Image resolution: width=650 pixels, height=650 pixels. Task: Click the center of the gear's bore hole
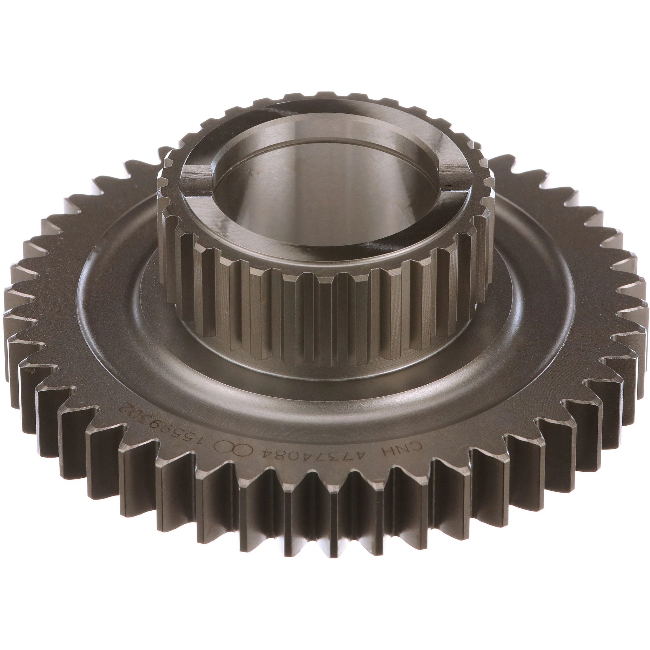pos(325,189)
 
